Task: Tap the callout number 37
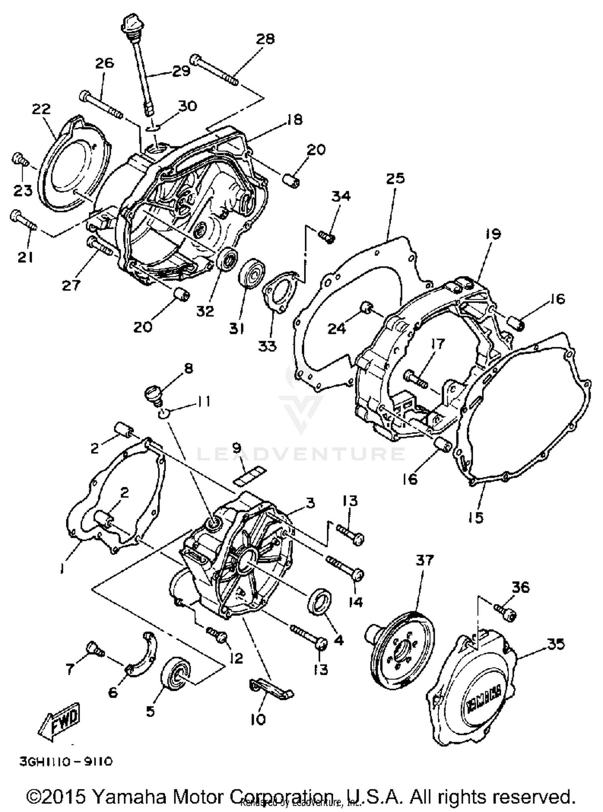coord(425,560)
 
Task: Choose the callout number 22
coord(42,109)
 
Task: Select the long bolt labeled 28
coord(215,70)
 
